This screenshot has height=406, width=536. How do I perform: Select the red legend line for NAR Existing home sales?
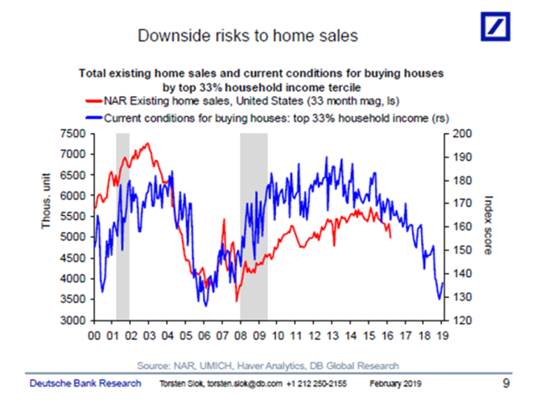pyautogui.click(x=94, y=100)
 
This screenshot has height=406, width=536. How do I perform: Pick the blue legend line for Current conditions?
pyautogui.click(x=94, y=118)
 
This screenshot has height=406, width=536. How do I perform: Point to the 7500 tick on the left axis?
pyautogui.click(x=73, y=134)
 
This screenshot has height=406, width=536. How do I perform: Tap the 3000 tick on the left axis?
pyautogui.click(x=73, y=321)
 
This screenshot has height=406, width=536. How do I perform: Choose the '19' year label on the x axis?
pyautogui.click(x=441, y=337)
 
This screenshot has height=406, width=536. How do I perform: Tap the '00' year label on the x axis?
pyautogui.click(x=95, y=337)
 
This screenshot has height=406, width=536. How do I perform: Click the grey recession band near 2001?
pyautogui.click(x=122, y=226)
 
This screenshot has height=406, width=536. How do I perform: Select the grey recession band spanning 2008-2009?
pyautogui.click(x=253, y=226)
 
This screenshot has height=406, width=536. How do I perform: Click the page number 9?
pyautogui.click(x=506, y=383)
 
